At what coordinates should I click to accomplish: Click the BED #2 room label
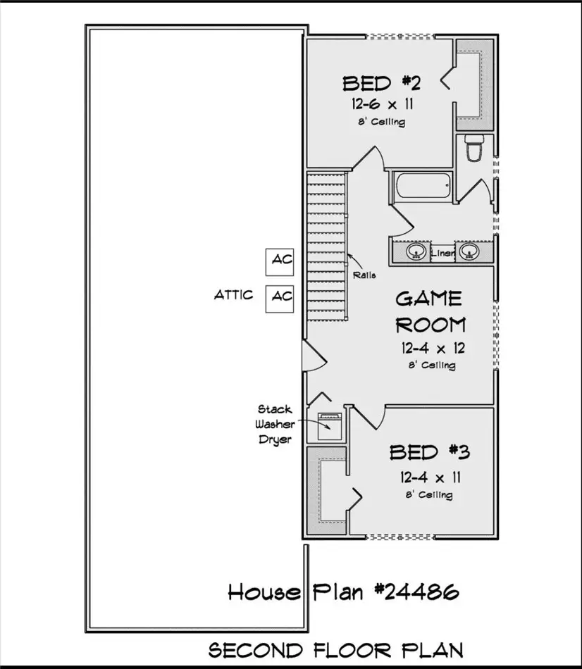click(x=381, y=84)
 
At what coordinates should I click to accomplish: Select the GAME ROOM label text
click(x=430, y=311)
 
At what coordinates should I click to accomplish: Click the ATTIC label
click(x=233, y=295)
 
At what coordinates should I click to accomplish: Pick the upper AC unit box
click(x=282, y=261)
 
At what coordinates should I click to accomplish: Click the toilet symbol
click(x=473, y=150)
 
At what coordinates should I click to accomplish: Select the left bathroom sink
click(x=417, y=251)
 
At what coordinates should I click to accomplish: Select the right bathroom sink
click(x=467, y=251)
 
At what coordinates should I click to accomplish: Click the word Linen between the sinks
click(x=442, y=251)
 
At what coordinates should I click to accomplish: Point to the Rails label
click(x=365, y=275)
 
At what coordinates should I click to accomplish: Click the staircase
click(x=328, y=246)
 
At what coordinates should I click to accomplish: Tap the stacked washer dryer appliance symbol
click(x=328, y=425)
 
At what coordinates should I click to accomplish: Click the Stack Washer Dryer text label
click(x=275, y=424)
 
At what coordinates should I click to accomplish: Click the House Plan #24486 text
click(x=343, y=592)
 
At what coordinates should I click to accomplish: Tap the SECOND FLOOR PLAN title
click(x=335, y=649)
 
